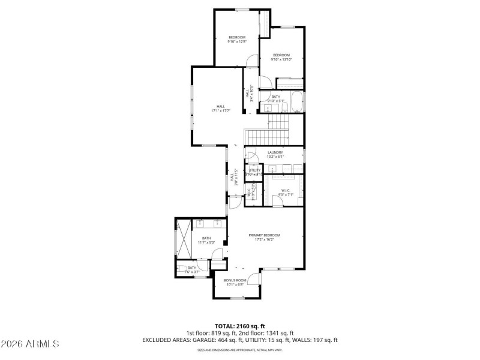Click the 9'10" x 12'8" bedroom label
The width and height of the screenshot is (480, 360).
pos(236,40)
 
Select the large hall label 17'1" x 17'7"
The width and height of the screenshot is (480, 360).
pos(221,109)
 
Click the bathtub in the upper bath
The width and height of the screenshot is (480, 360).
pos(296,101)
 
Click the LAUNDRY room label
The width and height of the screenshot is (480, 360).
pos(275,155)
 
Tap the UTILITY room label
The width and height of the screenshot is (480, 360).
pos(254,172)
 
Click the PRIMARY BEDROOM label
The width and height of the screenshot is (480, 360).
pos(265,237)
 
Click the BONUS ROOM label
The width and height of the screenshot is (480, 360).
pos(235,283)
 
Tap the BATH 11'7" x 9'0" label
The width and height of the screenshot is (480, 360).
pos(206,240)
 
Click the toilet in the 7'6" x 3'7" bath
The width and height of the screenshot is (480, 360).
pos(182,269)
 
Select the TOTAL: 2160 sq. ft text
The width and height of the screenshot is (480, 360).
pos(239,326)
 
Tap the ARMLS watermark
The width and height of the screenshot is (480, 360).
pos(30,344)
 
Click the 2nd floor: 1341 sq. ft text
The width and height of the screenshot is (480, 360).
pos(268,333)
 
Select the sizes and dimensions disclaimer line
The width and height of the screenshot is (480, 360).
pos(240,349)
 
